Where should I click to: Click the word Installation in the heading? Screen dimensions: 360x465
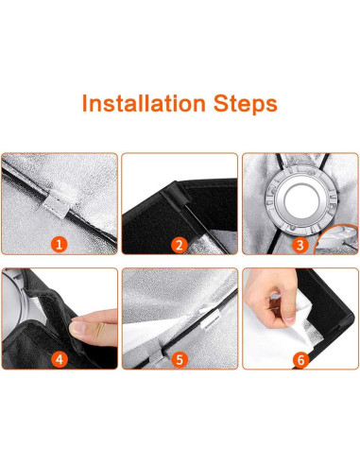pyautogui.click(x=144, y=103)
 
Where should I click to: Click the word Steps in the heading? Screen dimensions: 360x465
pyautogui.click(x=246, y=104)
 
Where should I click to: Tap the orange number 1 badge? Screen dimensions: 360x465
pyautogui.click(x=60, y=245)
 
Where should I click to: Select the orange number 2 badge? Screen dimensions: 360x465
pyautogui.click(x=180, y=245)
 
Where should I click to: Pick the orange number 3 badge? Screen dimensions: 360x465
pyautogui.click(x=300, y=245)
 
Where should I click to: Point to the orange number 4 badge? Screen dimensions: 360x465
pyautogui.click(x=60, y=359)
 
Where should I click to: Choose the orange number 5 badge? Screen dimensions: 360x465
pyautogui.click(x=180, y=359)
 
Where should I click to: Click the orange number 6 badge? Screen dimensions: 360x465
pyautogui.click(x=300, y=359)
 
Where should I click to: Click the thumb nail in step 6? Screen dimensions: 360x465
pyautogui.click(x=289, y=319)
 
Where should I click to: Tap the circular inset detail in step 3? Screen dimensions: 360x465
pyautogui.click(x=336, y=239)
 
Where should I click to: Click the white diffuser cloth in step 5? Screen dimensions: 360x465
pyautogui.click(x=148, y=334)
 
